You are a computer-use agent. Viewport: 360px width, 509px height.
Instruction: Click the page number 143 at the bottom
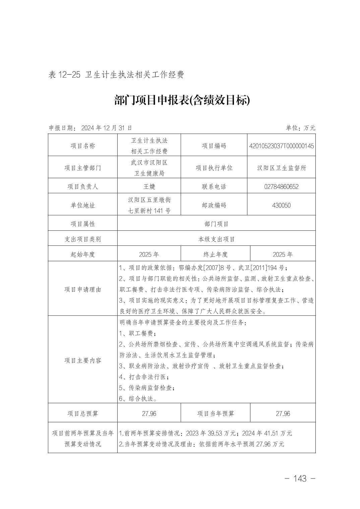click(300, 479)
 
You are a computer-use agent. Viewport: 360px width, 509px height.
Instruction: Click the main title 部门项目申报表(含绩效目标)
click(182, 100)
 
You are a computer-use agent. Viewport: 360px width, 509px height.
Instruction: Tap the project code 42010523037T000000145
click(282, 146)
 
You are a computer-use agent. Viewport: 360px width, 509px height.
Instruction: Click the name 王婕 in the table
click(149, 187)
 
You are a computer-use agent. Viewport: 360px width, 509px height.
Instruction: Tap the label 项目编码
click(214, 146)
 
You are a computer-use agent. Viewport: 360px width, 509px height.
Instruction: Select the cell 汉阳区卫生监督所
click(281, 168)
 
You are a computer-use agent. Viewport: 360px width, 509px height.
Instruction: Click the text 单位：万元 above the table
click(300, 128)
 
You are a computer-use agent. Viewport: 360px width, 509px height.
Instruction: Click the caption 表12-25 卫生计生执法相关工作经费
click(116, 74)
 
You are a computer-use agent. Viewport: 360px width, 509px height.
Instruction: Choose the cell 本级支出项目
click(216, 239)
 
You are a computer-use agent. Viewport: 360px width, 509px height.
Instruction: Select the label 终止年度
click(215, 254)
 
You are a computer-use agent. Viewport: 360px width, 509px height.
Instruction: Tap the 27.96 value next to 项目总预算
click(149, 414)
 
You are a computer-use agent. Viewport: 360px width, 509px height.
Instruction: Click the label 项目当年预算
click(215, 414)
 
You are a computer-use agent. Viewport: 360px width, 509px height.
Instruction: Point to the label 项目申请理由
click(83, 289)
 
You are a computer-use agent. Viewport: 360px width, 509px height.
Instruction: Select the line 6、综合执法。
click(138, 398)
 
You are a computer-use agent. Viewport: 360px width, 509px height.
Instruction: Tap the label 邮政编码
click(214, 205)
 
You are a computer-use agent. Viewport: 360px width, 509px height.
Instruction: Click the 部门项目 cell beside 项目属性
click(216, 224)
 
